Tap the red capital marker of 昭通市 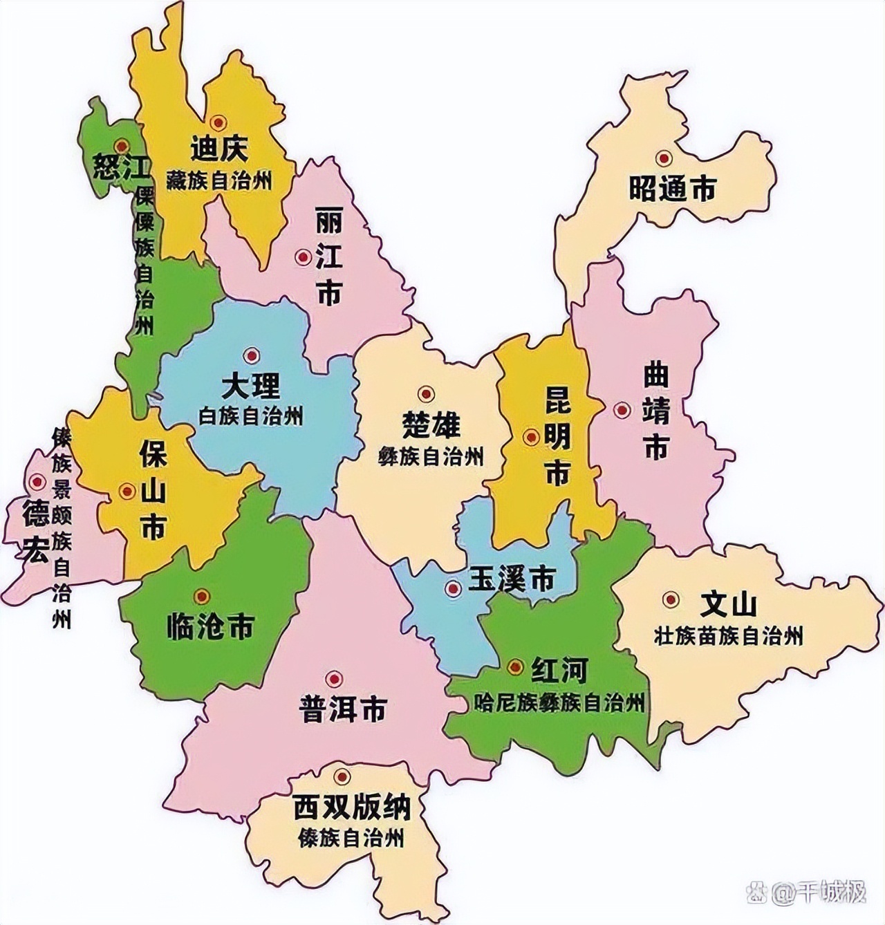(664, 158)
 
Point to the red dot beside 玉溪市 (453, 588)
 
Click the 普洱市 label (343, 709)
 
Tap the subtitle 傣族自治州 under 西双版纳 (351, 839)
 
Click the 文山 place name (728, 604)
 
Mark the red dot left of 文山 (669, 600)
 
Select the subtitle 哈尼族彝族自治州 (560, 703)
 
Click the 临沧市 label (211, 626)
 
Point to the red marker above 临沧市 (202, 596)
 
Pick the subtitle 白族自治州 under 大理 (251, 416)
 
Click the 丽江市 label (328, 256)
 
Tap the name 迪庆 (219, 149)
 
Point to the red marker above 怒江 (122, 146)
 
